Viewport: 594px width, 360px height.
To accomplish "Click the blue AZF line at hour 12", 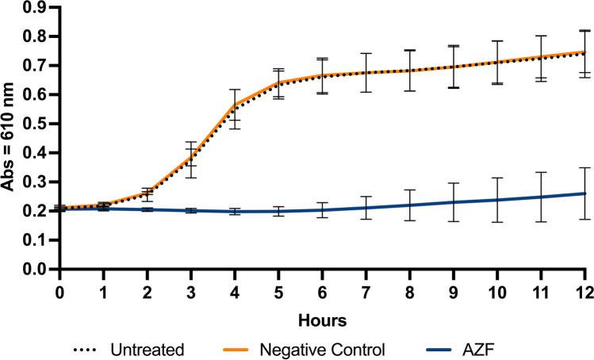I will tap(585, 193).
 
